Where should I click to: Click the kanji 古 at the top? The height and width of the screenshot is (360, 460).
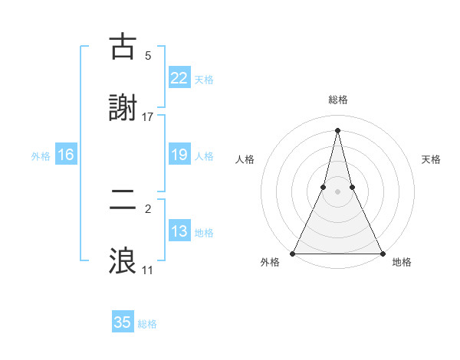point(123,47)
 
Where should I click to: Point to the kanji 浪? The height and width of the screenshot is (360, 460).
point(123,260)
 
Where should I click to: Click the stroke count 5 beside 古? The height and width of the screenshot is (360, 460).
point(148,55)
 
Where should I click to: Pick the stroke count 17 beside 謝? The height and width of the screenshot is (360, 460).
point(148,116)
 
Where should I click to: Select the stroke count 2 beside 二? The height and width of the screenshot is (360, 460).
point(148,208)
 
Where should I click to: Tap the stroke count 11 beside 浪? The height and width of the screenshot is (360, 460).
point(148,270)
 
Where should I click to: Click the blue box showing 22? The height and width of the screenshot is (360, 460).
point(179,78)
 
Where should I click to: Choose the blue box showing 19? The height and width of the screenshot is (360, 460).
point(179,155)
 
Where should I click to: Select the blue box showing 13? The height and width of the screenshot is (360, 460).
point(179,232)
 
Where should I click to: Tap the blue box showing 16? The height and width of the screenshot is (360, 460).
point(66,155)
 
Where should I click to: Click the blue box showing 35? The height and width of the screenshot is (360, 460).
point(123,322)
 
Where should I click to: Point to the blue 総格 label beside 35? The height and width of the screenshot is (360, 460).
point(147,324)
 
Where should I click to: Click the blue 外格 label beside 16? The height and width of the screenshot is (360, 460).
point(41,156)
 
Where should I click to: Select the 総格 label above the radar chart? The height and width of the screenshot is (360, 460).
point(337,100)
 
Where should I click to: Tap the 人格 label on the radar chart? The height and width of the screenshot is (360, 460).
point(245,159)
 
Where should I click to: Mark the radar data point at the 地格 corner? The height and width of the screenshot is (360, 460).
point(382,253)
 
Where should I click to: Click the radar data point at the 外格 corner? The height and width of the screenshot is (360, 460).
point(294,253)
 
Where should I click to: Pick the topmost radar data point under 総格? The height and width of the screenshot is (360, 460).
point(337,129)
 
